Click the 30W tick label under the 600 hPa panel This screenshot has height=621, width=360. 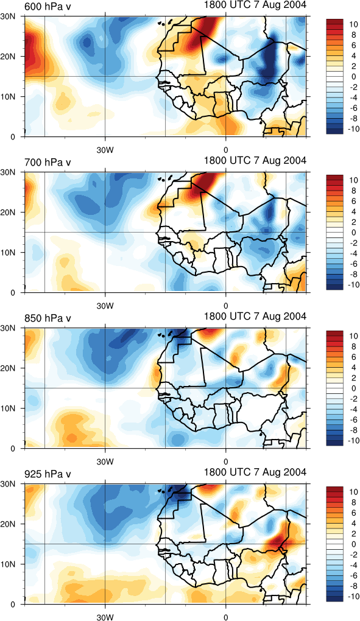105,150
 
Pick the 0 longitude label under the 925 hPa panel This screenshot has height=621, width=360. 226,617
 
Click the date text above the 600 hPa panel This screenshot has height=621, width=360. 255,5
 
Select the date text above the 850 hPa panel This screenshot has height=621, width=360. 255,316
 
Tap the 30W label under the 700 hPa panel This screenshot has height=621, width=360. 105,306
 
